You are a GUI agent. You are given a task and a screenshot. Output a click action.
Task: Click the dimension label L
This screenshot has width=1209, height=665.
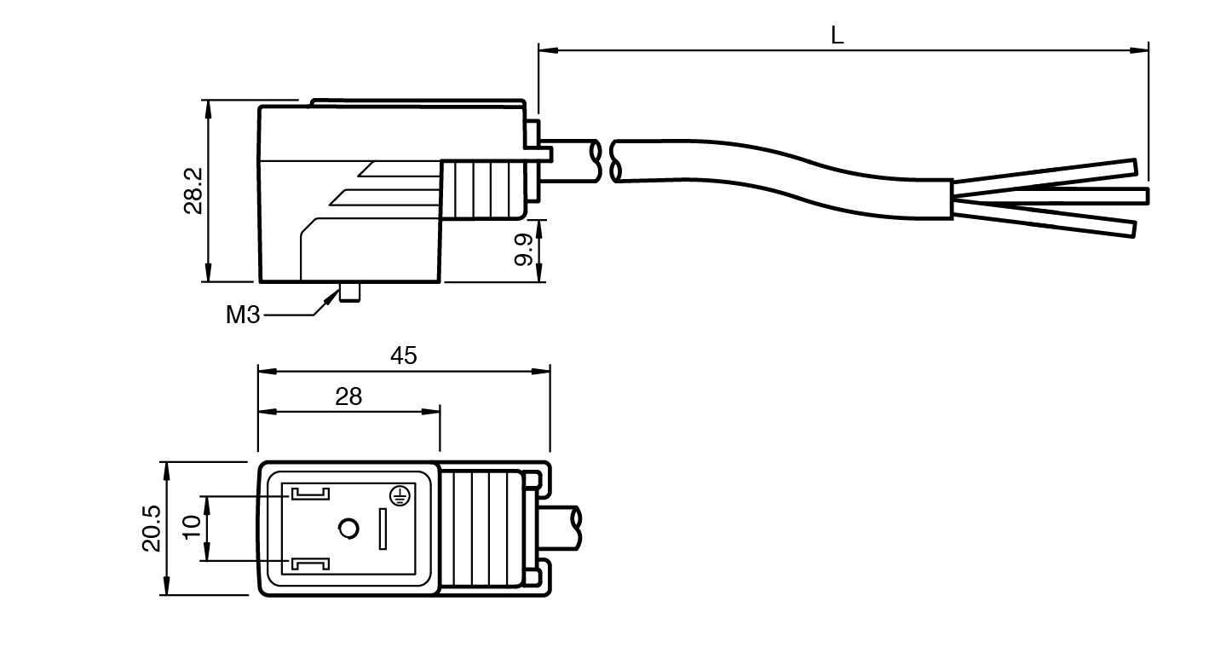(838, 36)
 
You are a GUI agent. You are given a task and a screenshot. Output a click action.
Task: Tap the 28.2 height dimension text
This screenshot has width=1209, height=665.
(193, 190)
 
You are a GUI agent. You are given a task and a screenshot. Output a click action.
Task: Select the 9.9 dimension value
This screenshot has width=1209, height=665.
(525, 250)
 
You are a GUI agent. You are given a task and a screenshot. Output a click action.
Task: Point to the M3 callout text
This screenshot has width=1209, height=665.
(243, 315)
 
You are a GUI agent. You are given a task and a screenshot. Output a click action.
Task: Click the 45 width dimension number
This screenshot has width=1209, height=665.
(404, 356)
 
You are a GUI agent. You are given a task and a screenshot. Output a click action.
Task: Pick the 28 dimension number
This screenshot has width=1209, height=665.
(348, 396)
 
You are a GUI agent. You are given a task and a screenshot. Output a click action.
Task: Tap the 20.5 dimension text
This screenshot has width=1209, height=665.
(151, 529)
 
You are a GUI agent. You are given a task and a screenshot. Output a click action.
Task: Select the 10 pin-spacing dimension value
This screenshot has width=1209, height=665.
(192, 528)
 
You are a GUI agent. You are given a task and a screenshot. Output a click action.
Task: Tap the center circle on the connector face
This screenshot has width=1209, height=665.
(348, 529)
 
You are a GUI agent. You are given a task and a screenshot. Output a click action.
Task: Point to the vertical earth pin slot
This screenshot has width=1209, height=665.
(383, 529)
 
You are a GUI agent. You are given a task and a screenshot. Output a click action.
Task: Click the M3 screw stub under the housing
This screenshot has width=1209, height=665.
(349, 292)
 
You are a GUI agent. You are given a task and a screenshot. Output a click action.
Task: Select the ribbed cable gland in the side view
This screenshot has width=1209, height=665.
(486, 189)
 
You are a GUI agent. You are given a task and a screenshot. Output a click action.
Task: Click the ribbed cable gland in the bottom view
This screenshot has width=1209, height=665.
(486, 529)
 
